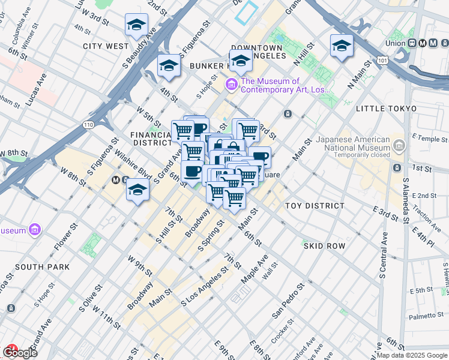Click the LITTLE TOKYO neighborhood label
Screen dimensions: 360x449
[386, 109]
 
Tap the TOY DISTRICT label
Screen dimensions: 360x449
[315, 206]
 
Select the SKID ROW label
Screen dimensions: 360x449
[324, 246]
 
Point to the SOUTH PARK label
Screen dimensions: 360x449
[43, 266]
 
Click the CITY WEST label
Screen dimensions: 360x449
[106, 46]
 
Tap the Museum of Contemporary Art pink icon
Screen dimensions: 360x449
[231, 85]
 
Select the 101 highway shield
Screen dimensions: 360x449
[382, 60]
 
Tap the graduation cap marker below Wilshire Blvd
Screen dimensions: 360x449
[137, 191]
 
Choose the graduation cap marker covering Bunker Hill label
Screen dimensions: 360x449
[241, 60]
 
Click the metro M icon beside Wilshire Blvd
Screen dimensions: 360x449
[118, 180]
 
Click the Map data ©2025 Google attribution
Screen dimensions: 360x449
[412, 355]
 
